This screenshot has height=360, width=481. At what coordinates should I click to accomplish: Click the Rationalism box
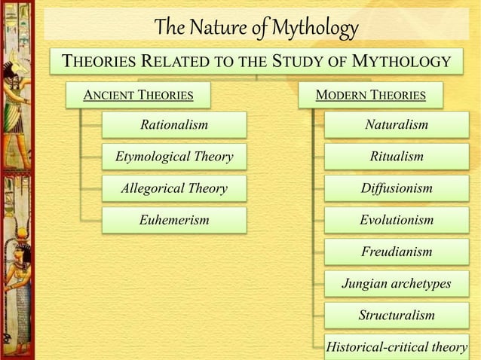pyautogui.click(x=174, y=125)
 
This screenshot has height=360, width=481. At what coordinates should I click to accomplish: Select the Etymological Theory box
pyautogui.click(x=174, y=157)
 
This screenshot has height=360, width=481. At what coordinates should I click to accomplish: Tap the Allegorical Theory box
pyautogui.click(x=174, y=188)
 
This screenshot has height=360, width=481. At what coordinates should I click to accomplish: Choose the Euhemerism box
pyautogui.click(x=174, y=220)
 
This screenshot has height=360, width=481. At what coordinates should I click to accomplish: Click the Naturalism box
pyautogui.click(x=397, y=125)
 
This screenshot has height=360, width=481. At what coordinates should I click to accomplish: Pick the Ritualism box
pyautogui.click(x=397, y=157)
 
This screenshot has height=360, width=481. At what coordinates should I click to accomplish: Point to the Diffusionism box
pyautogui.click(x=397, y=188)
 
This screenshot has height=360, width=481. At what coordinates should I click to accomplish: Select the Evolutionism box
pyautogui.click(x=397, y=220)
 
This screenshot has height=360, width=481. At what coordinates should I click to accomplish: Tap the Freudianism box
pyautogui.click(x=397, y=252)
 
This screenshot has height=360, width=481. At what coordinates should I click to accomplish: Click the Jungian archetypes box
pyautogui.click(x=397, y=283)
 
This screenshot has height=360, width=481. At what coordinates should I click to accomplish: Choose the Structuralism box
pyautogui.click(x=397, y=315)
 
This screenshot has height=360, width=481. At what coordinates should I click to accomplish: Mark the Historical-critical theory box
pyautogui.click(x=397, y=346)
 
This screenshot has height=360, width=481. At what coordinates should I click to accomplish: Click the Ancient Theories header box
pyautogui.click(x=137, y=95)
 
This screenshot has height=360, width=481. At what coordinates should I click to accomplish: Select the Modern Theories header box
pyautogui.click(x=370, y=95)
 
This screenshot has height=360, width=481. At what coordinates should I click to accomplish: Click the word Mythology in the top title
pyautogui.click(x=314, y=29)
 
